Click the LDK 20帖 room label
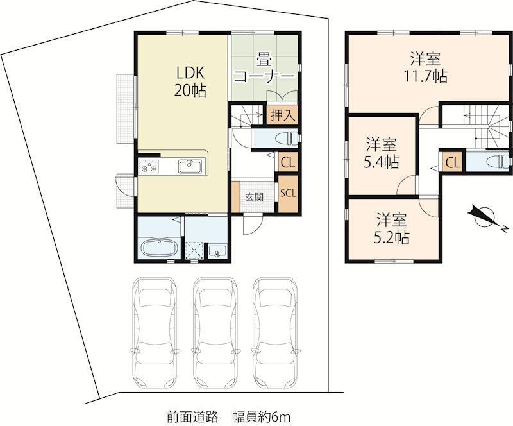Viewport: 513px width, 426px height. click(190, 82)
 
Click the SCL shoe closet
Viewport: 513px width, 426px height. click(288, 193)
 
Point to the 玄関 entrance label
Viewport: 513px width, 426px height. click(255, 197)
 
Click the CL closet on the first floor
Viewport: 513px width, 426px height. click(288, 162)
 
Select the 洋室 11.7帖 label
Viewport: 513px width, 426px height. click(425, 67)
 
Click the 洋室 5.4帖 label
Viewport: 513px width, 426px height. click(381, 153)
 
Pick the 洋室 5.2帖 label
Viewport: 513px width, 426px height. click(391, 228)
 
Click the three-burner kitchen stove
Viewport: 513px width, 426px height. click(149, 166)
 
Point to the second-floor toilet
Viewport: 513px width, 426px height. click(498, 162)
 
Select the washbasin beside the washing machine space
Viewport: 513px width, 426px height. click(217, 251)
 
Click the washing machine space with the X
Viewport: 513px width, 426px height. click(194, 250)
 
